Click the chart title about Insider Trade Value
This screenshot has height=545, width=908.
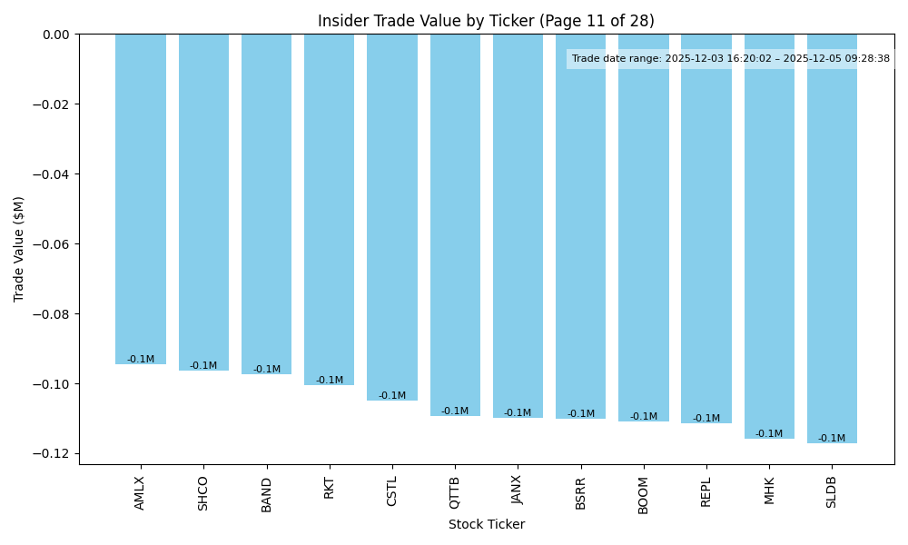pos(486,21)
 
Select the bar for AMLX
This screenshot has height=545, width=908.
pos(141,200)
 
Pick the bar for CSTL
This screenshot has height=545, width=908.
pos(392,218)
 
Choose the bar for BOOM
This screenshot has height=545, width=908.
pos(644,227)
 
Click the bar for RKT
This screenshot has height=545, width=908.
pos(329,209)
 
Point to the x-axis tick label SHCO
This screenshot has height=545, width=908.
pos(203,493)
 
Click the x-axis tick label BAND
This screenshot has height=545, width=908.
pos(267,494)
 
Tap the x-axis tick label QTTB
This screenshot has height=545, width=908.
pos(455,493)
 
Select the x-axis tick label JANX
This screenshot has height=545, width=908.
pos(518,493)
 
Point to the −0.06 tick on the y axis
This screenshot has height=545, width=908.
pos(55,244)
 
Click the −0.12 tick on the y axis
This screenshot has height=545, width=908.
pos(55,454)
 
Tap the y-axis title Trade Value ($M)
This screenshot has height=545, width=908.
pos(19,249)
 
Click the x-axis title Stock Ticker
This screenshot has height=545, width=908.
pos(486,524)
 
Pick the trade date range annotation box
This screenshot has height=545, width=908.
pos(731,59)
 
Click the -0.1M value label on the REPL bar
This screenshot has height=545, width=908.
pos(706,419)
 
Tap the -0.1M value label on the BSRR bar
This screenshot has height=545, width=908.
pos(581,414)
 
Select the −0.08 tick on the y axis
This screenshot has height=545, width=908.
pos(55,314)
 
